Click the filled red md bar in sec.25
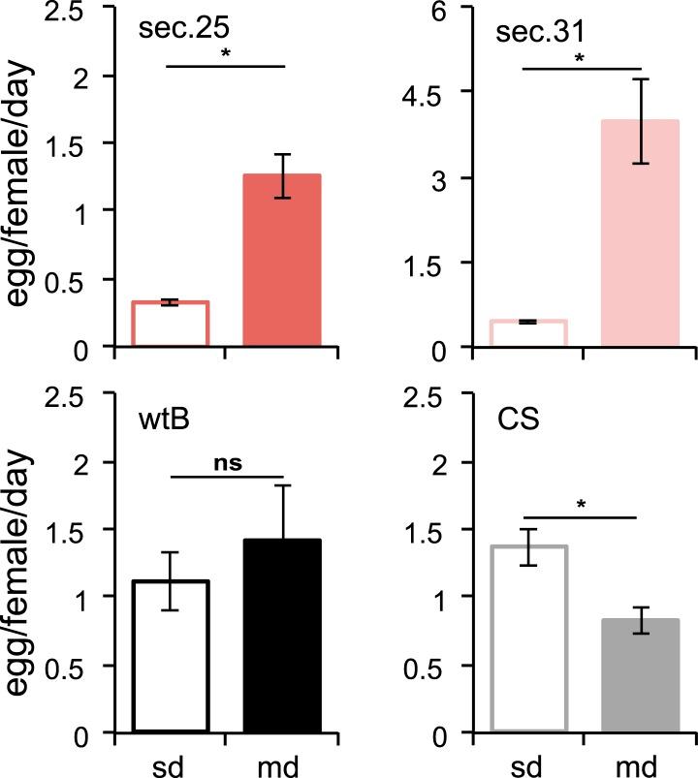281,260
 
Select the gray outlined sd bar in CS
529,638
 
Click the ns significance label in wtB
227,463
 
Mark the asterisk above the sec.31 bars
581,58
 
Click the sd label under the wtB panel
172,762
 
